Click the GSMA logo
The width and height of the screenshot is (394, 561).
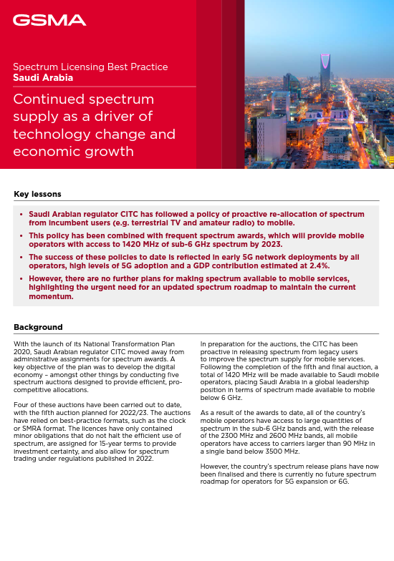[x=49, y=21]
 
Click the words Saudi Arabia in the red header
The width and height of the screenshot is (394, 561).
[x=43, y=77]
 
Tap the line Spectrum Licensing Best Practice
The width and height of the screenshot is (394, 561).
[x=90, y=67]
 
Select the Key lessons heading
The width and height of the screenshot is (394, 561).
[x=37, y=194]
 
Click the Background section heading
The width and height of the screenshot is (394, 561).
[x=38, y=327]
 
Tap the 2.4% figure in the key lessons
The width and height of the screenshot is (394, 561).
[x=317, y=265]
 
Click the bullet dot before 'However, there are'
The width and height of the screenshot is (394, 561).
[x=21, y=278]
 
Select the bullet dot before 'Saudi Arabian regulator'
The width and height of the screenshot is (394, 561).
[x=21, y=214]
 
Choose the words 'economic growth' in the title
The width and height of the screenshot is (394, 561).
[x=73, y=151]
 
